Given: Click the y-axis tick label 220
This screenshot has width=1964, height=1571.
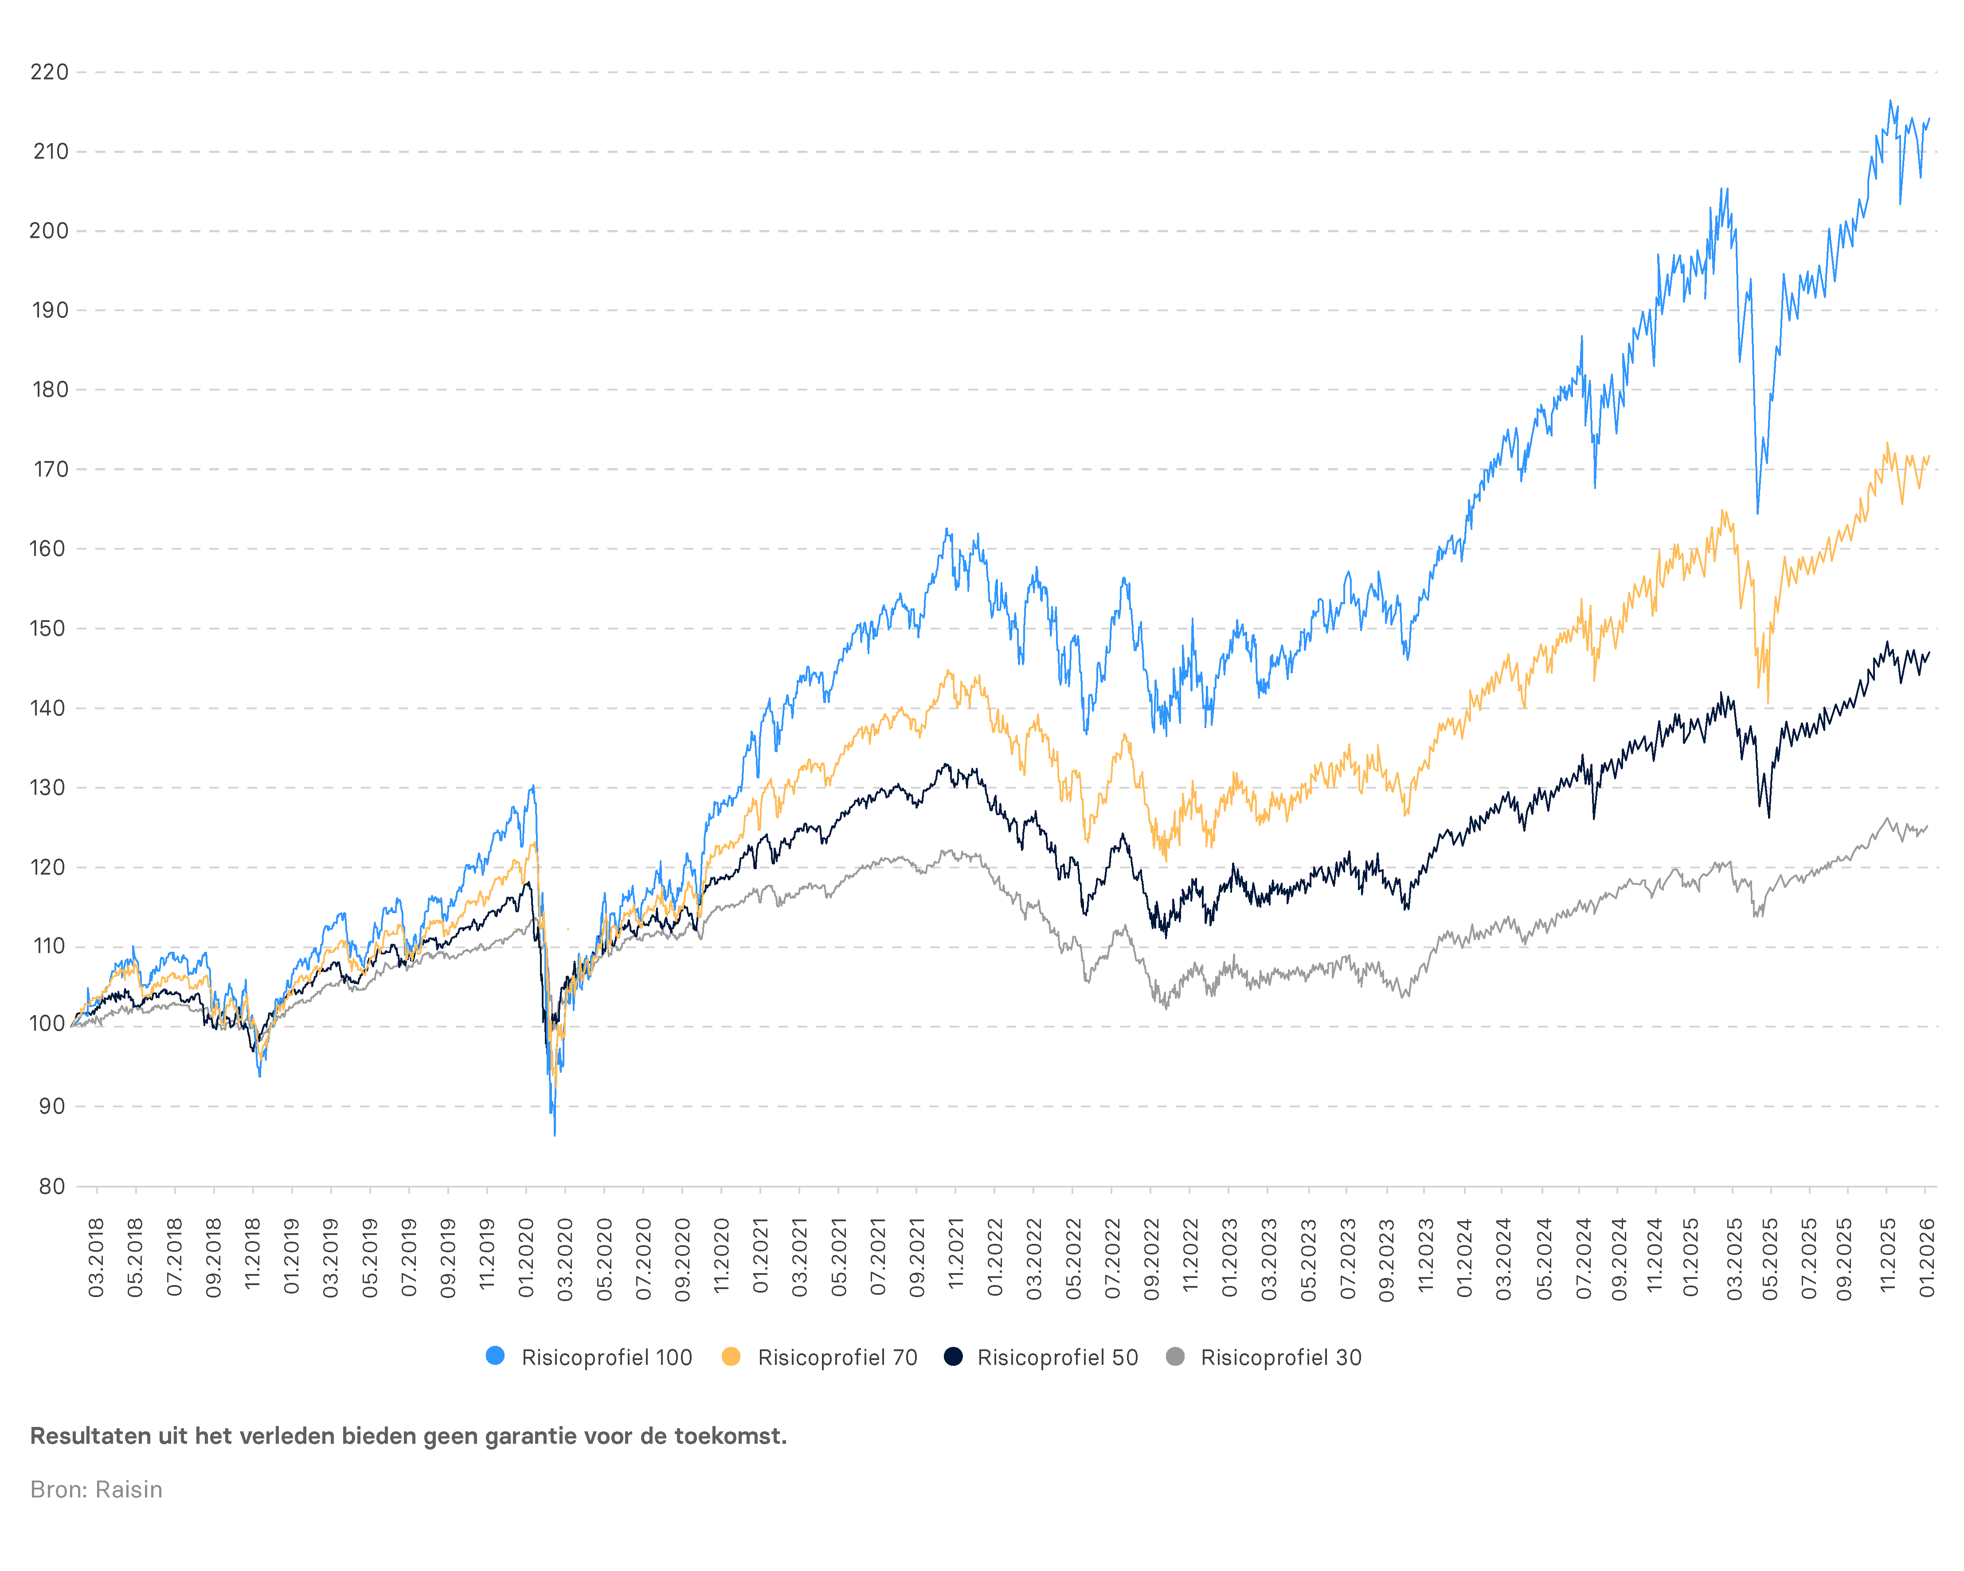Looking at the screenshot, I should (x=49, y=72).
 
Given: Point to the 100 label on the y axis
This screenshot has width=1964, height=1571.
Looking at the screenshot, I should (x=47, y=1024).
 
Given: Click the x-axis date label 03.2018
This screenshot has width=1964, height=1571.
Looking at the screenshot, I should (x=97, y=1258).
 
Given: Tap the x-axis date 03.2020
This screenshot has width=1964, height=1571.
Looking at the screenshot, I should (x=566, y=1258).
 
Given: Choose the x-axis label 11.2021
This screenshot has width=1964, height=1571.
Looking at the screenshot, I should (x=955, y=1258).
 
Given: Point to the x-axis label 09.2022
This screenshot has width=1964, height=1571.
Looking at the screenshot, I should (x=1151, y=1258).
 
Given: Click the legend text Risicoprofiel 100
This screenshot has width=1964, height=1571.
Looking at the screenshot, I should (x=606, y=1357).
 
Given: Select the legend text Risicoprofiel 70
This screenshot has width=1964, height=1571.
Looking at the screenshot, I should (x=837, y=1357).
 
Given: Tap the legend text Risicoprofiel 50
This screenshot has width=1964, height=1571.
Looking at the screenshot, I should (x=1058, y=1357).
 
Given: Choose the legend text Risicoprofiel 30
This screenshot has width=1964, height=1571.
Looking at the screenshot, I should (x=1281, y=1357).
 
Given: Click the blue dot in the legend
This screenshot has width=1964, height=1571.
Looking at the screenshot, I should (x=496, y=1356).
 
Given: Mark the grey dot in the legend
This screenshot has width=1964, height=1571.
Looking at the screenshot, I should (x=1175, y=1356).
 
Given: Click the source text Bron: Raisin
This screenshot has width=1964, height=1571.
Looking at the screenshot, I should (x=97, y=1489).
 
